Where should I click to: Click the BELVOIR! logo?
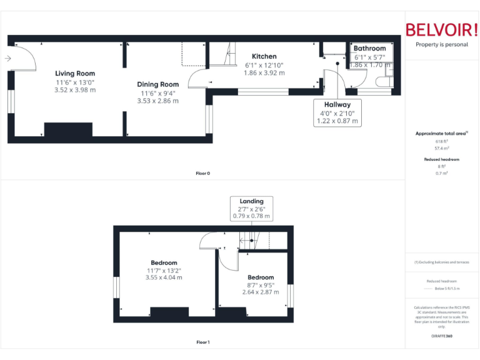point(441,31)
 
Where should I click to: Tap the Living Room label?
point(75,73)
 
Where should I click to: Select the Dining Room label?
point(158,84)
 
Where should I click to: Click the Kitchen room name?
point(264,56)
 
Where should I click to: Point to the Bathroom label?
point(369,48)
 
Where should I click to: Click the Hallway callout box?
point(337,113)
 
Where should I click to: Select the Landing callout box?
point(251,209)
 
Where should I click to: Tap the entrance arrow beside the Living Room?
point(7,59)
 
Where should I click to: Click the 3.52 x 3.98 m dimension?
point(75,90)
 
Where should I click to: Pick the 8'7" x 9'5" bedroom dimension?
point(260,286)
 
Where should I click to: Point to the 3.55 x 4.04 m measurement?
point(164,277)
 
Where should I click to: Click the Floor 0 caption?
point(202,173)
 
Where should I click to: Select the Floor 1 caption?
point(202,342)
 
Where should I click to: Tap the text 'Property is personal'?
point(441,45)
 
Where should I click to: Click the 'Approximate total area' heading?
point(441,134)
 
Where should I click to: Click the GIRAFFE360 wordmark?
point(441,336)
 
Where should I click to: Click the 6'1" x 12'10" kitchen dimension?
point(264,65)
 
